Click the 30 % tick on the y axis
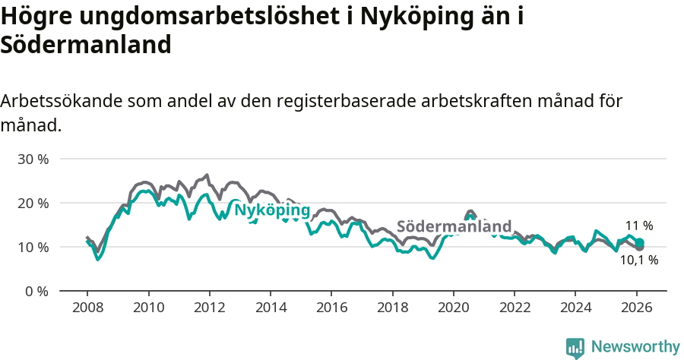point(33,159)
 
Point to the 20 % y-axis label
point(33,204)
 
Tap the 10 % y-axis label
point(33,248)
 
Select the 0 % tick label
point(36,292)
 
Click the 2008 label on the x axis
point(87,308)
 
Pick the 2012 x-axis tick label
point(209,308)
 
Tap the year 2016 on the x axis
point(331,308)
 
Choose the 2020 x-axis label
point(453,308)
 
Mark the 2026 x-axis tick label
point(635,308)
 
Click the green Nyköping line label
point(271,210)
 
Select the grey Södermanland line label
point(454,227)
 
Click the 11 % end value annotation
point(639,226)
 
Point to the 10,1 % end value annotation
point(638,261)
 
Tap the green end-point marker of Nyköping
point(640,242)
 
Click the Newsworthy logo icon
point(575,347)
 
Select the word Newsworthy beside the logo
point(635,347)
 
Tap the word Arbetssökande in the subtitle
point(62,101)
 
